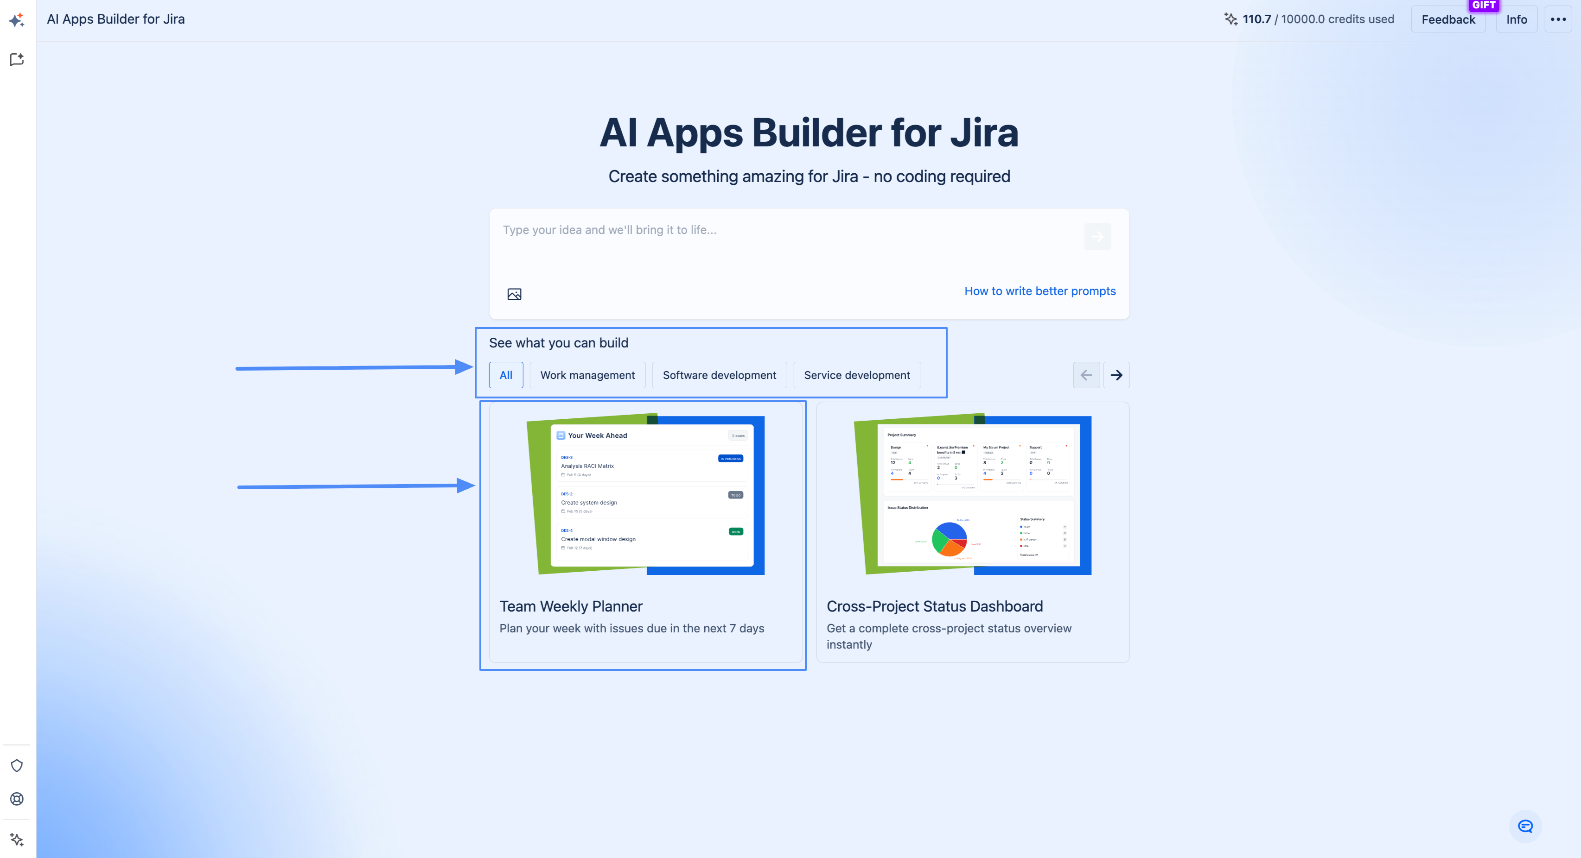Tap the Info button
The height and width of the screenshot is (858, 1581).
(x=1516, y=19)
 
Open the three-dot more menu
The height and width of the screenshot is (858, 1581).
(x=1558, y=19)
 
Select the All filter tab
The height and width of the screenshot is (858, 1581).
(x=506, y=375)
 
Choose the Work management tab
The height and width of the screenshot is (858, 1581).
(x=587, y=375)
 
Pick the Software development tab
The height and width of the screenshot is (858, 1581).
(x=719, y=375)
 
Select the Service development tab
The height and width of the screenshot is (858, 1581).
(x=857, y=375)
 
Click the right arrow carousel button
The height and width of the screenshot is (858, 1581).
(x=1116, y=375)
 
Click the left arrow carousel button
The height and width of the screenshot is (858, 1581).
(x=1086, y=375)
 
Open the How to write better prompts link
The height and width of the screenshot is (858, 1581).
(x=1039, y=291)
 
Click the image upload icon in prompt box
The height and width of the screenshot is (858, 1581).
(x=514, y=294)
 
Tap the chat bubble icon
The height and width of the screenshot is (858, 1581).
(x=1525, y=826)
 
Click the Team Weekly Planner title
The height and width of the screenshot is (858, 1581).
(x=571, y=606)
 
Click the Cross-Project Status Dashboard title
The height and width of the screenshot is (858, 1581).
(x=934, y=606)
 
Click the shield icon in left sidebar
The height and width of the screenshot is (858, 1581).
(x=17, y=765)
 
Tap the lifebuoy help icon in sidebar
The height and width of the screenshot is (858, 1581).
(x=17, y=799)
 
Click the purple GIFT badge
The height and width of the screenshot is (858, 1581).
(x=1484, y=6)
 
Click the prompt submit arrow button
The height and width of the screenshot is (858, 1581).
(x=1097, y=237)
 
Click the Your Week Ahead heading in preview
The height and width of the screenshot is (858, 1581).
(x=597, y=435)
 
